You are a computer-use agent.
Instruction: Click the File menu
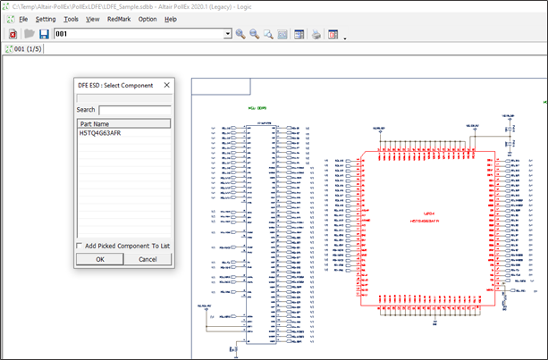pyautogui.click(x=23, y=19)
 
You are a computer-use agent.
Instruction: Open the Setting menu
pyautogui.click(x=46, y=19)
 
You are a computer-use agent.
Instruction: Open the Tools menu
pyautogui.click(x=72, y=19)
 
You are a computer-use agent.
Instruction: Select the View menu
pyautogui.click(x=93, y=19)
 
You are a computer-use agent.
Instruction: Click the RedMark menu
pyautogui.click(x=119, y=19)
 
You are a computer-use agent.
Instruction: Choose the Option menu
pyautogui.click(x=148, y=19)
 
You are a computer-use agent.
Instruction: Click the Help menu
pyautogui.click(x=171, y=19)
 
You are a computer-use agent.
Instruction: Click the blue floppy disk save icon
pyautogui.click(x=44, y=34)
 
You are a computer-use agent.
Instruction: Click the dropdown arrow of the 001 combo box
pyautogui.click(x=227, y=34)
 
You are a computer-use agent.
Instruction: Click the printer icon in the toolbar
pyautogui.click(x=316, y=34)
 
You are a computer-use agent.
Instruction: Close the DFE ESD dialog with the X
pyautogui.click(x=166, y=85)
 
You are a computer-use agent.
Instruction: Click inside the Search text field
pyautogui.click(x=134, y=110)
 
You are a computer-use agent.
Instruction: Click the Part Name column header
pyautogui.click(x=123, y=123)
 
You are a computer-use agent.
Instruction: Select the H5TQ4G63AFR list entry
pyautogui.click(x=100, y=133)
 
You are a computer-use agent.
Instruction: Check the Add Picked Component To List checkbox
pyautogui.click(x=81, y=245)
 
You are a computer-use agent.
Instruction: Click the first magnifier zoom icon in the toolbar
pyautogui.click(x=240, y=34)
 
